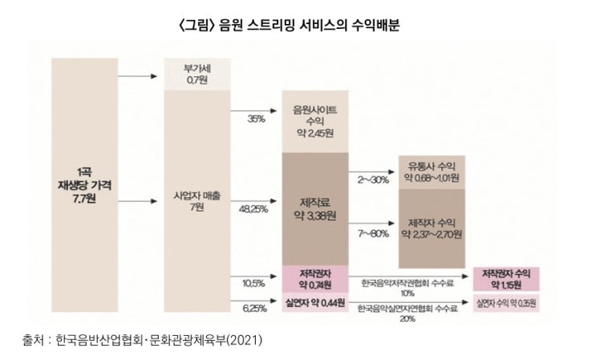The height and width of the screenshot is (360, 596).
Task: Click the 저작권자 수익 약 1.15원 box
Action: tap(505, 279)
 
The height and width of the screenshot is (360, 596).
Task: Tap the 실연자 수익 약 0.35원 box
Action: tap(505, 304)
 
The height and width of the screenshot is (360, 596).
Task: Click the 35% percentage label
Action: tap(257, 119)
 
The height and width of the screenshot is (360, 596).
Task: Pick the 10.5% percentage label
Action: tap(253, 283)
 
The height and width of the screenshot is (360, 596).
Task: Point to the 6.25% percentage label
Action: tap(253, 308)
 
